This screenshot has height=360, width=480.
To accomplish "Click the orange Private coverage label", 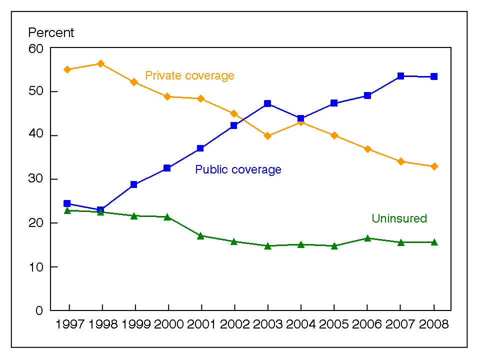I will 189,76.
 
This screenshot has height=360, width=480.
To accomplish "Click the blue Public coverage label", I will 238,170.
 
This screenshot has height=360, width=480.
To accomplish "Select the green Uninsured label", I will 399,218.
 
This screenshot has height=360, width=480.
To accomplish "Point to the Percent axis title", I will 51,33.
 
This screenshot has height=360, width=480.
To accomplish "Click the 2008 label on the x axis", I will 434,324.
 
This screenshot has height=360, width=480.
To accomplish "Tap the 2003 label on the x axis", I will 267,324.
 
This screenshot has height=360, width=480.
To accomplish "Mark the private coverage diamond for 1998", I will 100,63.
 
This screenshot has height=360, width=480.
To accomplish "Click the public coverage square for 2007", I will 400,76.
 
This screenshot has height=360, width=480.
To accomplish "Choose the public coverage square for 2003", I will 267,103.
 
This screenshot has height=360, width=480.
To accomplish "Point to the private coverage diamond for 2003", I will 267,136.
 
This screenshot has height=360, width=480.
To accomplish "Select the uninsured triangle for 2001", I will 200,235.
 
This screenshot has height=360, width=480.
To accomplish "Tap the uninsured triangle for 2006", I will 367,238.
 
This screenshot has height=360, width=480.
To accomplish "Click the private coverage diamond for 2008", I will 434,166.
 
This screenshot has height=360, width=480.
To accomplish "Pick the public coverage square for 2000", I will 167,168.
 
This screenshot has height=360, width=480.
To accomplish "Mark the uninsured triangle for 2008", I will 434,242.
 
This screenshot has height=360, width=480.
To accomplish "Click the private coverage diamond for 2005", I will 334,135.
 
